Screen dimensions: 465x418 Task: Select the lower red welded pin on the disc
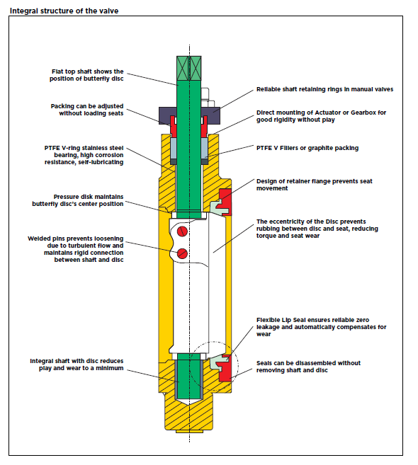click(183, 253)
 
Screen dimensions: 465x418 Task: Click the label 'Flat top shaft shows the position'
click(87, 71)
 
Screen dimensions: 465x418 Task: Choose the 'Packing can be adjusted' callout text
click(86, 106)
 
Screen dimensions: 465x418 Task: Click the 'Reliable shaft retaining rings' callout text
click(323, 89)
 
